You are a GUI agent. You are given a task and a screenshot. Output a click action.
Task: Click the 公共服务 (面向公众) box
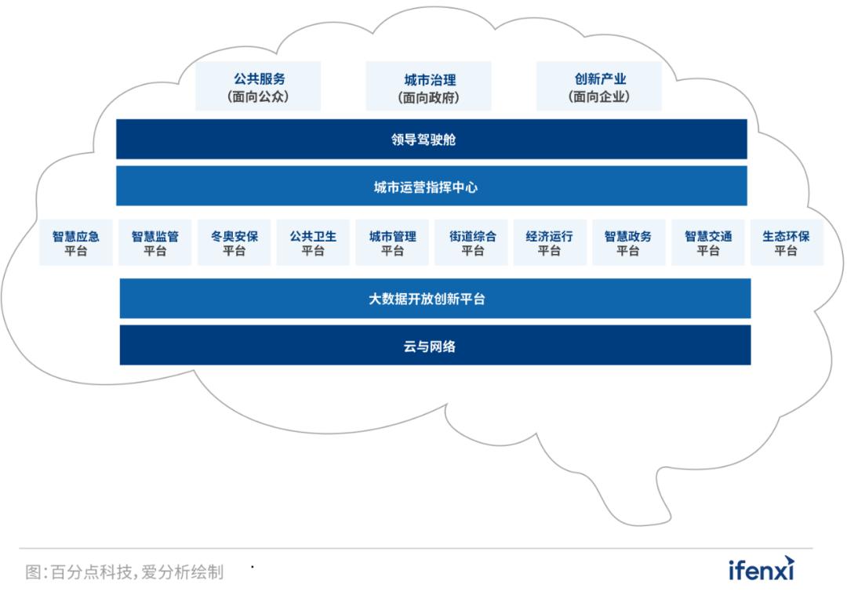tap(258, 86)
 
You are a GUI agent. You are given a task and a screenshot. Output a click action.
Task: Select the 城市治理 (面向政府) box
tap(429, 86)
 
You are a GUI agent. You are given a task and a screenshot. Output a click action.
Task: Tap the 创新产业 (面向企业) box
tap(599, 86)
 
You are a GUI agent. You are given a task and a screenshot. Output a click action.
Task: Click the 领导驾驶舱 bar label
tap(423, 140)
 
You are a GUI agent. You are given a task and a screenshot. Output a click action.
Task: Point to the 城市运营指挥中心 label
tap(426, 187)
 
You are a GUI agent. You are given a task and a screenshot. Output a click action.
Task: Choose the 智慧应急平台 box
tap(76, 242)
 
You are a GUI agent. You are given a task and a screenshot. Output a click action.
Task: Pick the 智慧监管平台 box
tap(155, 242)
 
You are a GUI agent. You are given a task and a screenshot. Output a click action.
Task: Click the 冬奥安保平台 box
tap(234, 242)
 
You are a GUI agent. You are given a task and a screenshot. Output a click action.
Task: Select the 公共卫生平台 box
tap(313, 242)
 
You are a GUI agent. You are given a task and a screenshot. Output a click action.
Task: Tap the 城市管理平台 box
tap(392, 242)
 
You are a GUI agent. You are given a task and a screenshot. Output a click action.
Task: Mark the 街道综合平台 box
tap(471, 242)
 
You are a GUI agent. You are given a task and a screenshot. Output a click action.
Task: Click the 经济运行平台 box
tap(550, 242)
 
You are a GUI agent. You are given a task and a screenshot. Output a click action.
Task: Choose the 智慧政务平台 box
tap(629, 242)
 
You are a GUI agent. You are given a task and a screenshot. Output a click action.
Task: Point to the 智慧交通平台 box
tap(708, 242)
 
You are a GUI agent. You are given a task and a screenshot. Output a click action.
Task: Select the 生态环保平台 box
tap(787, 242)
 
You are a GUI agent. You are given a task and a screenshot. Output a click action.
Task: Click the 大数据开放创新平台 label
tap(427, 299)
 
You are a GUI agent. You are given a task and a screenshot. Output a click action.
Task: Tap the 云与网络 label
tap(430, 347)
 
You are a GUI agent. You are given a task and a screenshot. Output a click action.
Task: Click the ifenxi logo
tap(762, 568)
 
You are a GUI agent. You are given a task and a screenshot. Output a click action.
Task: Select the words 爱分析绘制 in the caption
tap(183, 572)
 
